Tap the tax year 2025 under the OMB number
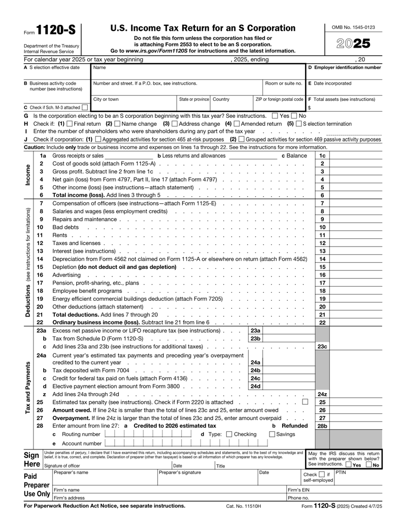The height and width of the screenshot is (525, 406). (x=354, y=44)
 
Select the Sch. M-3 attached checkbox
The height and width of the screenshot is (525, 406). (x=84, y=108)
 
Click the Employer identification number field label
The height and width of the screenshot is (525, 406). (x=344, y=67)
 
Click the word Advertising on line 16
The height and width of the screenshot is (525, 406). (x=66, y=274)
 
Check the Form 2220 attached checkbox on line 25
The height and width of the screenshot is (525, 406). (x=305, y=402)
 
